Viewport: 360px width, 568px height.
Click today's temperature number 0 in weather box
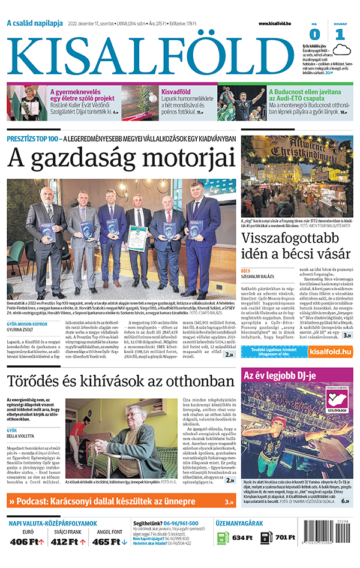click(315, 34)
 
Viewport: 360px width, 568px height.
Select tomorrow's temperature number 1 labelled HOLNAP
click(340, 34)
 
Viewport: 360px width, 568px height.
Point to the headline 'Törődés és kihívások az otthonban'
click(120, 381)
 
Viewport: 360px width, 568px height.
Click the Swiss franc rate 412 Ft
click(68, 542)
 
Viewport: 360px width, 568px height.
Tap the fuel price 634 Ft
click(242, 538)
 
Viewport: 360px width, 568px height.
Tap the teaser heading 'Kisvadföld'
click(176, 92)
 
